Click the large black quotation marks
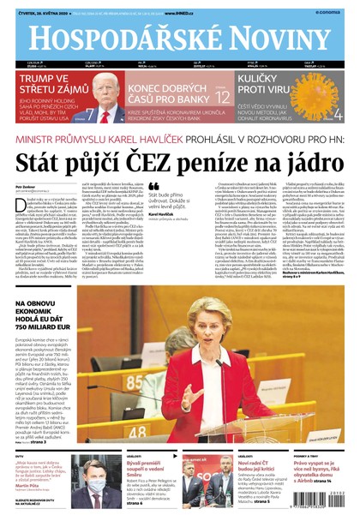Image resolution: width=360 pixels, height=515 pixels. click(x=153, y=186)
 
